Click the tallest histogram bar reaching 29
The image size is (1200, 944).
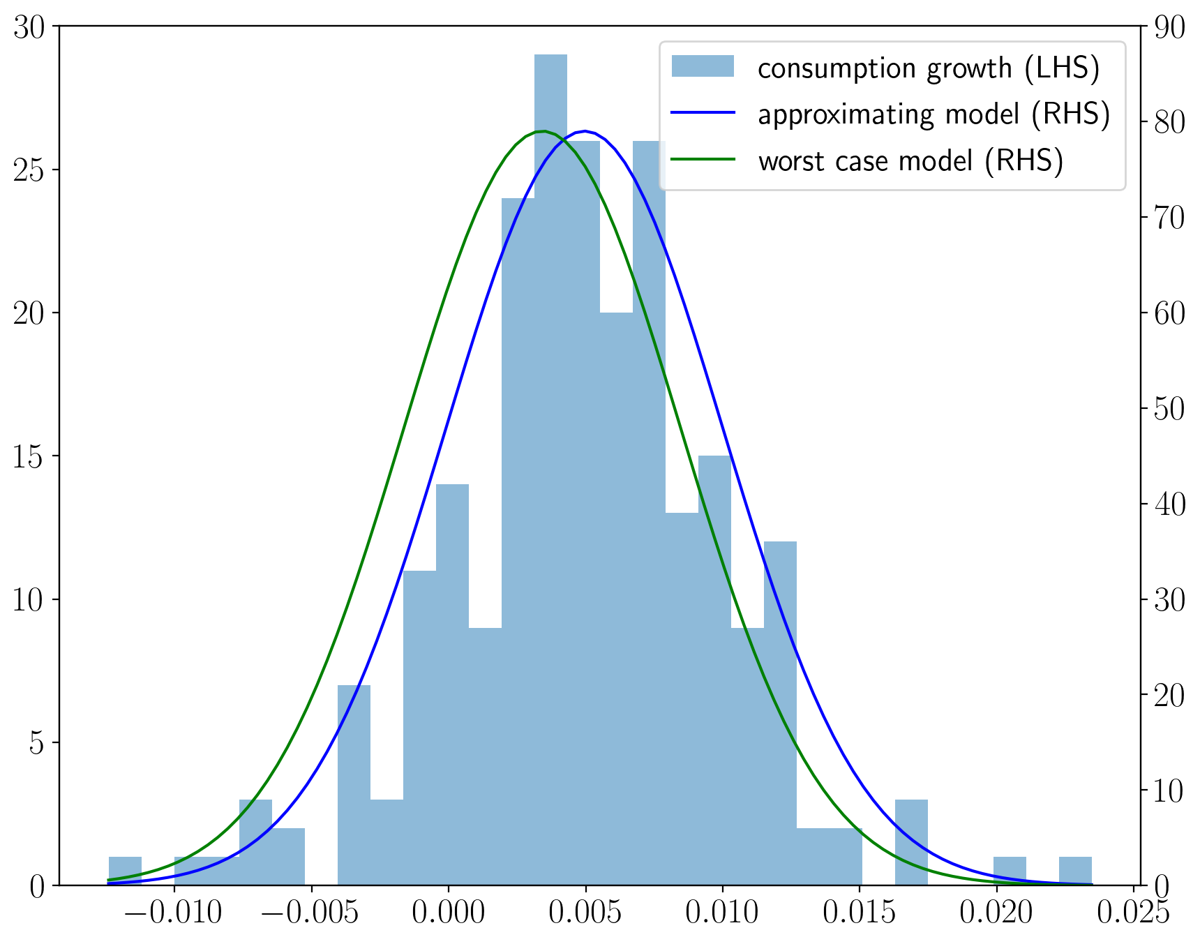(x=550, y=467)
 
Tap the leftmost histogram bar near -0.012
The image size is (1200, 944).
(x=125, y=871)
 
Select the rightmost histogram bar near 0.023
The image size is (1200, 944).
(x=1074, y=871)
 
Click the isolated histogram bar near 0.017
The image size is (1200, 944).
(x=911, y=842)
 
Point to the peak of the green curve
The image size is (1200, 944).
(x=543, y=131)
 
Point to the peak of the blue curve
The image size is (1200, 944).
(x=586, y=131)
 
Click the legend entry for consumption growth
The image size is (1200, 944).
(x=928, y=68)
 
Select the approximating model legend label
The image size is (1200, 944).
(x=933, y=114)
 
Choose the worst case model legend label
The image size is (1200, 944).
(x=910, y=161)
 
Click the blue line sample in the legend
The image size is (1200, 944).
(x=703, y=113)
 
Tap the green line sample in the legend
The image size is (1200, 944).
(x=703, y=160)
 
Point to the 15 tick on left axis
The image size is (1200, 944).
(x=28, y=457)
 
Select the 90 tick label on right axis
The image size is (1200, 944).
(x=1169, y=27)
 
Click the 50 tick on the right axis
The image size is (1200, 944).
(x=1169, y=409)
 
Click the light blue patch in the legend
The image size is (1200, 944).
(x=703, y=66)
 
